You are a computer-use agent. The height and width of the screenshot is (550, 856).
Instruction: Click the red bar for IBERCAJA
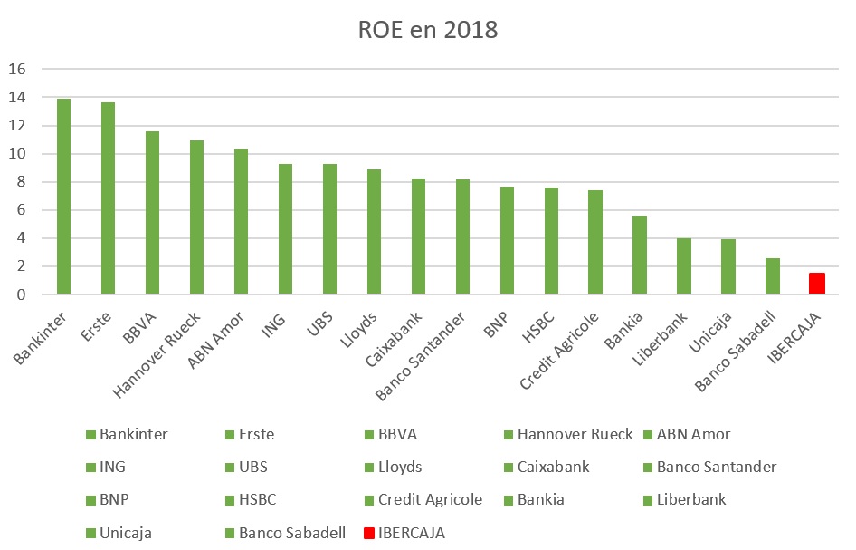coord(816,284)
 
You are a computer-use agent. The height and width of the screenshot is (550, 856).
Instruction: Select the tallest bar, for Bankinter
coord(63,197)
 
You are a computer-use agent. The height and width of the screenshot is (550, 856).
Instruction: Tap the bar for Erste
coord(108,198)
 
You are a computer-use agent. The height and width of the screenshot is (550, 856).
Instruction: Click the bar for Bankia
coord(639,255)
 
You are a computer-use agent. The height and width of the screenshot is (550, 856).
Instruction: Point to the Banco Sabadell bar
coord(772,276)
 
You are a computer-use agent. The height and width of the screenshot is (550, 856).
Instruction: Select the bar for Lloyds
coord(374,232)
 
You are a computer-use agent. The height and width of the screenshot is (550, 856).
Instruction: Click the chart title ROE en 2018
coord(428,30)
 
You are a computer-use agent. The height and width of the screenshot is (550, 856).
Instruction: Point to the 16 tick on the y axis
coord(19,70)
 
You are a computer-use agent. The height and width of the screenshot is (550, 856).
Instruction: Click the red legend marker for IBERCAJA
coord(369,533)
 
